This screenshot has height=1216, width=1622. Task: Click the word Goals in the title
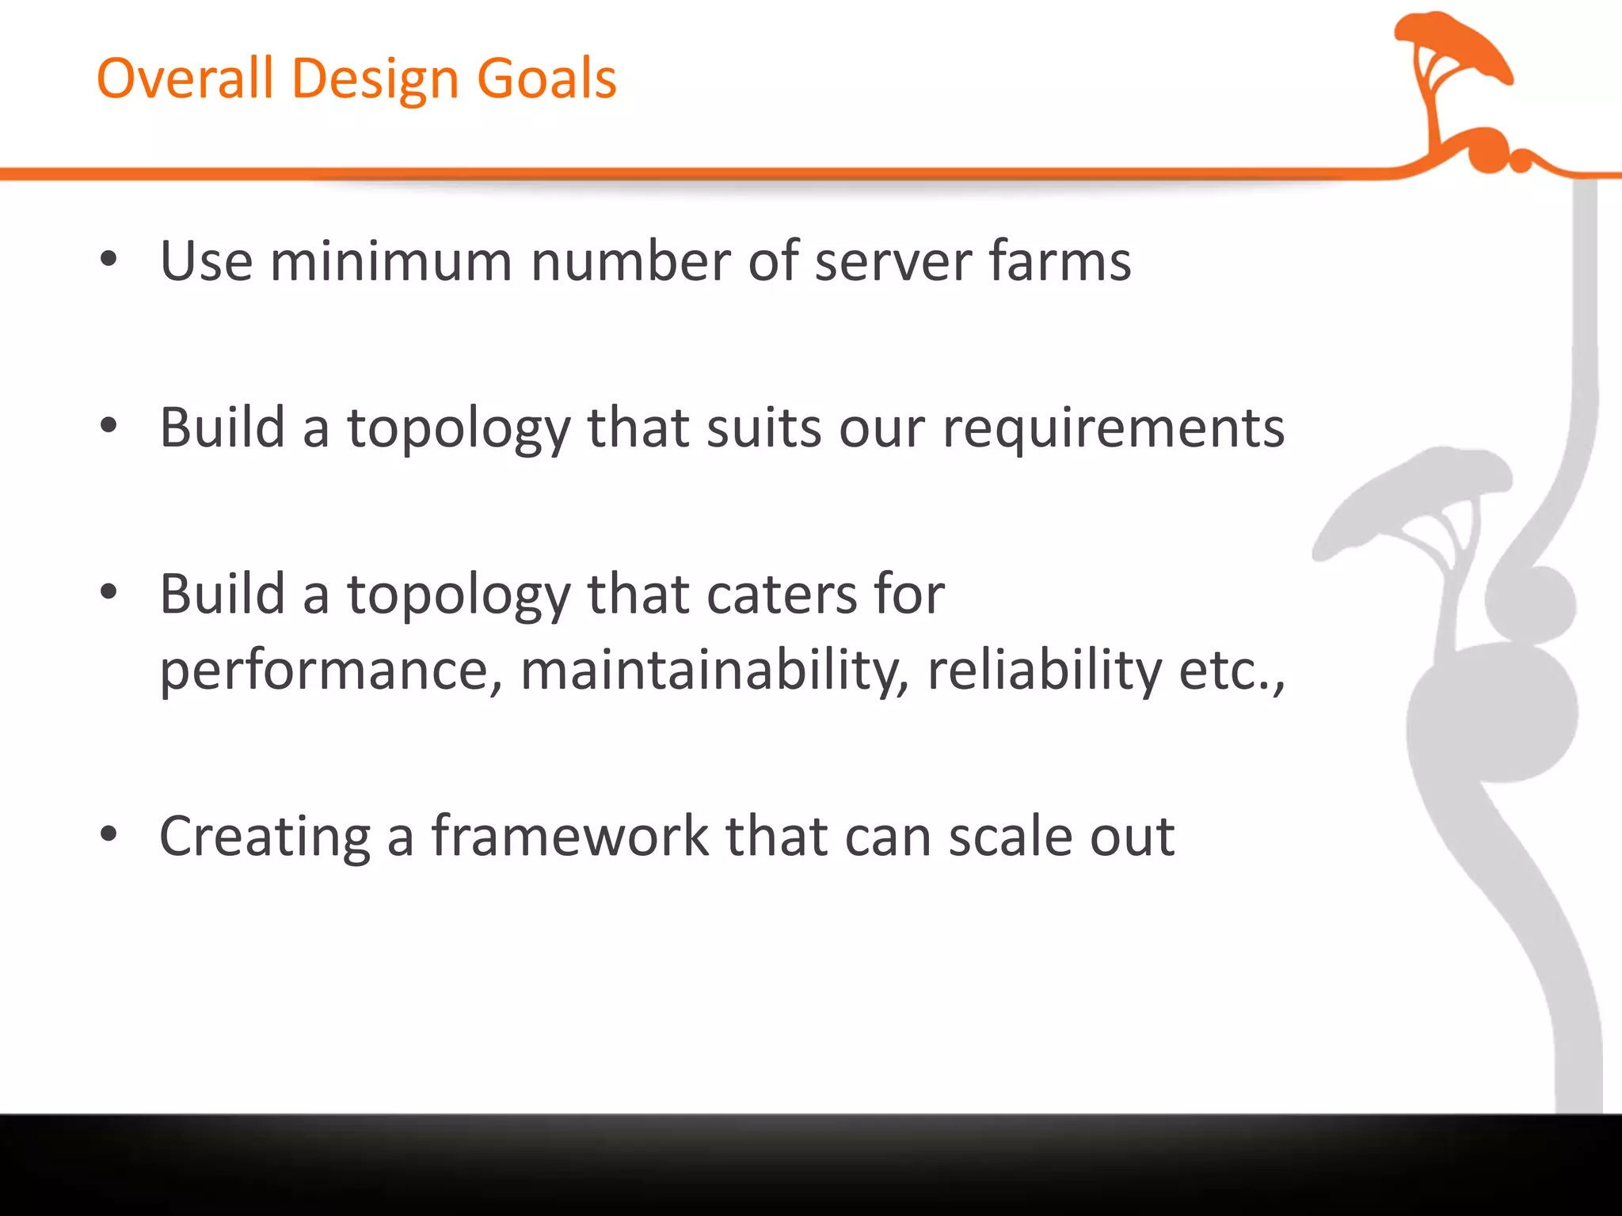coord(546,78)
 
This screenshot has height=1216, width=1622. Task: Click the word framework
coord(569,836)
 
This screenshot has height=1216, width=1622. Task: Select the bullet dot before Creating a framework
coord(109,834)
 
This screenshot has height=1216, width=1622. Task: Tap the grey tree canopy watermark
coord(1418,491)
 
